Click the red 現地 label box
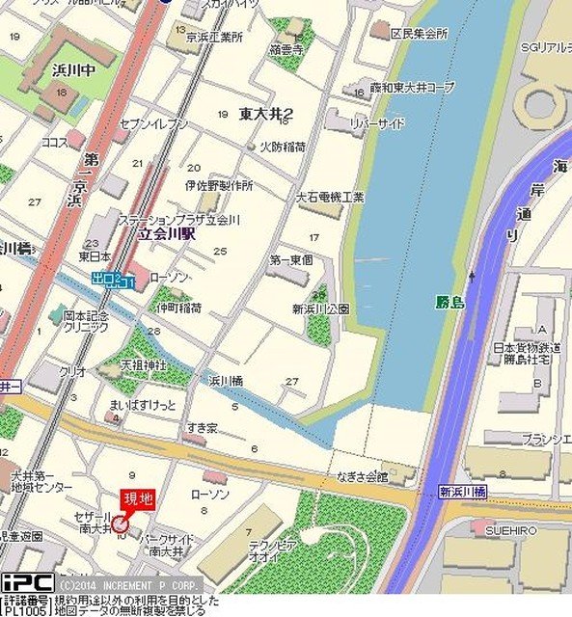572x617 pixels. (136, 499)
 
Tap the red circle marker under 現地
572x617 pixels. (120, 524)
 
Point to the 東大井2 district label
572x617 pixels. (267, 114)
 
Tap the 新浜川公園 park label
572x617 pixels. (320, 308)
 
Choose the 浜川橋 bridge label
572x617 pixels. (226, 381)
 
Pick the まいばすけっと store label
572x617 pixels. (143, 405)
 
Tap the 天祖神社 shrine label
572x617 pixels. (144, 366)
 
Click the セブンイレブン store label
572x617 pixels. (153, 124)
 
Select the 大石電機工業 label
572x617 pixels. (331, 197)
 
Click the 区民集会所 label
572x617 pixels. (419, 33)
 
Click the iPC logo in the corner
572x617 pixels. (27, 583)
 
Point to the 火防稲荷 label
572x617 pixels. (282, 147)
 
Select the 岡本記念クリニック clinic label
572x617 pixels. (87, 321)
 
